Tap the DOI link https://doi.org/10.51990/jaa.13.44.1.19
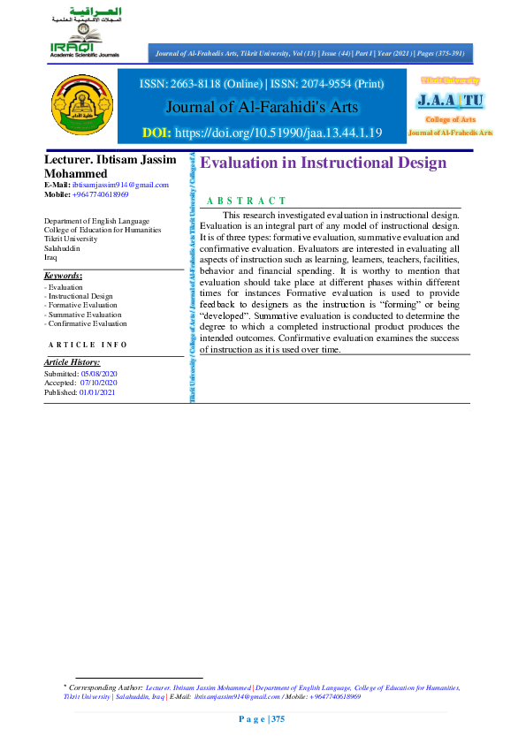(291, 133)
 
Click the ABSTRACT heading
(246, 201)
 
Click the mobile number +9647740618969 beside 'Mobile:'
(101, 193)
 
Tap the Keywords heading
(63, 276)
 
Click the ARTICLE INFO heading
(88, 345)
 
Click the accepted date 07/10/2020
(99, 383)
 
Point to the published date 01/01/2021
(97, 391)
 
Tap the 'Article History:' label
(72, 362)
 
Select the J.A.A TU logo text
(450, 99)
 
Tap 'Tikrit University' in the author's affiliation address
(71, 239)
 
